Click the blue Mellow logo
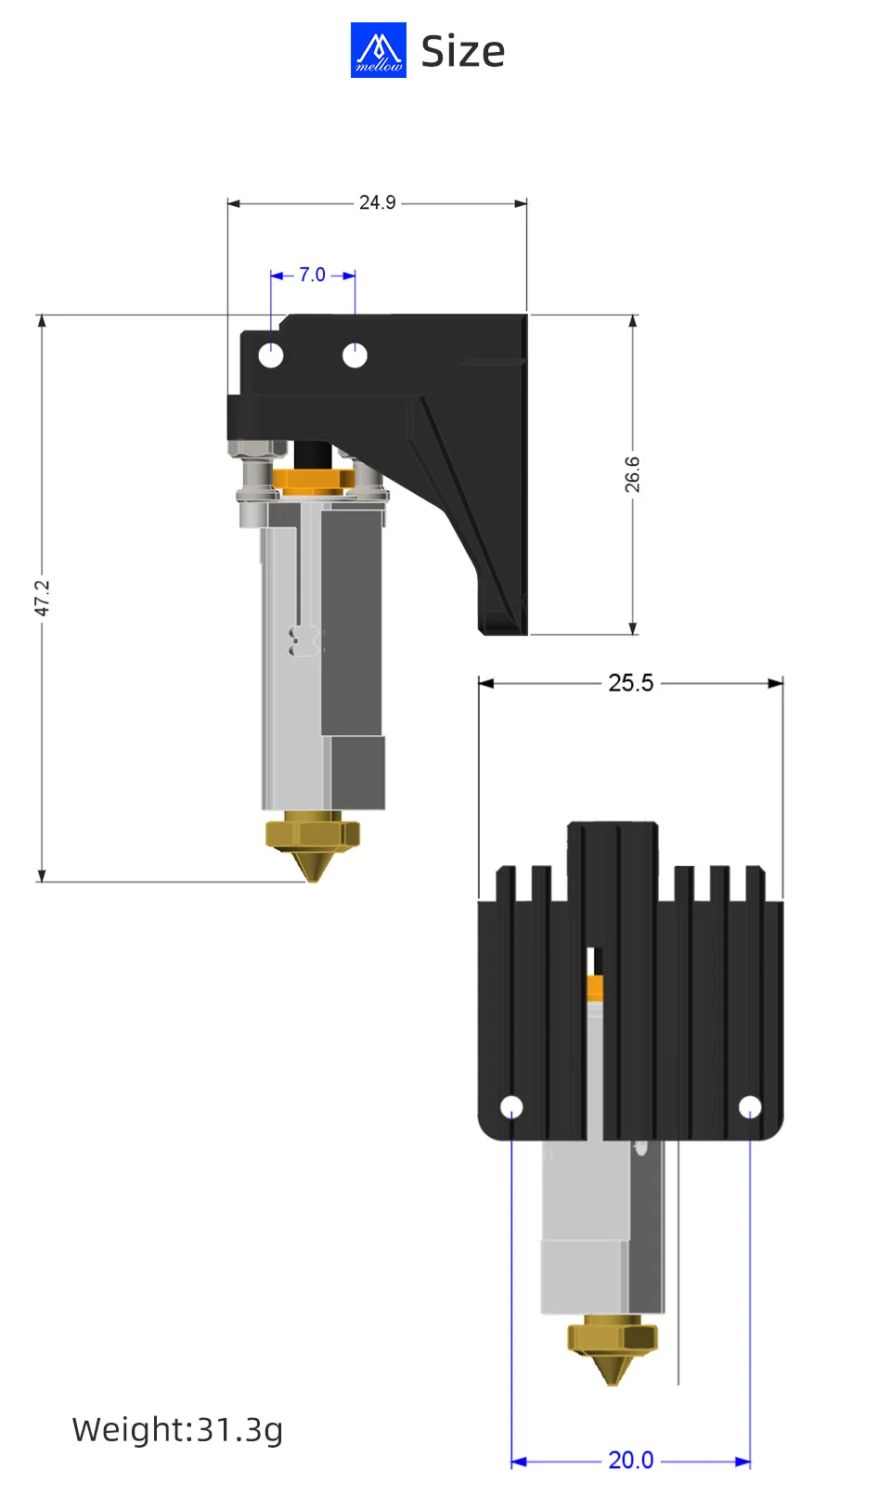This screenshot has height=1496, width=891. pos(378,50)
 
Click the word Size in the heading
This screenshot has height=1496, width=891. pos(462,52)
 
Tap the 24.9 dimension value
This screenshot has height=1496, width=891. pos(377,202)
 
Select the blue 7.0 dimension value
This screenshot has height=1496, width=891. pos(312,275)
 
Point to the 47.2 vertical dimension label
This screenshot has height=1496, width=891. pos(42,598)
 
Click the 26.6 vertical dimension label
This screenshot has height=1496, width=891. pos(632,474)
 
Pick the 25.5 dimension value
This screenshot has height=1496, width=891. pos(630,683)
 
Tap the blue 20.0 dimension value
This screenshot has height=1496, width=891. pos(630,1460)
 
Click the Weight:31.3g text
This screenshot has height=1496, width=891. pos(177,1429)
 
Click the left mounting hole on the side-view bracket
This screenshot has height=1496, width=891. pos(270,355)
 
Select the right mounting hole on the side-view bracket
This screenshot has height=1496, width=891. pos(355,355)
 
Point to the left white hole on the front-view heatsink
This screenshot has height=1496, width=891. pos(511,1106)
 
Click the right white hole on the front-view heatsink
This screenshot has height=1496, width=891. pos(750,1106)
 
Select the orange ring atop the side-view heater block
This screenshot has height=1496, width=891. pos(313,481)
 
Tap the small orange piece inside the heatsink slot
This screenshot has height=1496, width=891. pos(595,987)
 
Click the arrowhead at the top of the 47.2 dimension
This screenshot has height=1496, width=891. pos(42,321)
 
